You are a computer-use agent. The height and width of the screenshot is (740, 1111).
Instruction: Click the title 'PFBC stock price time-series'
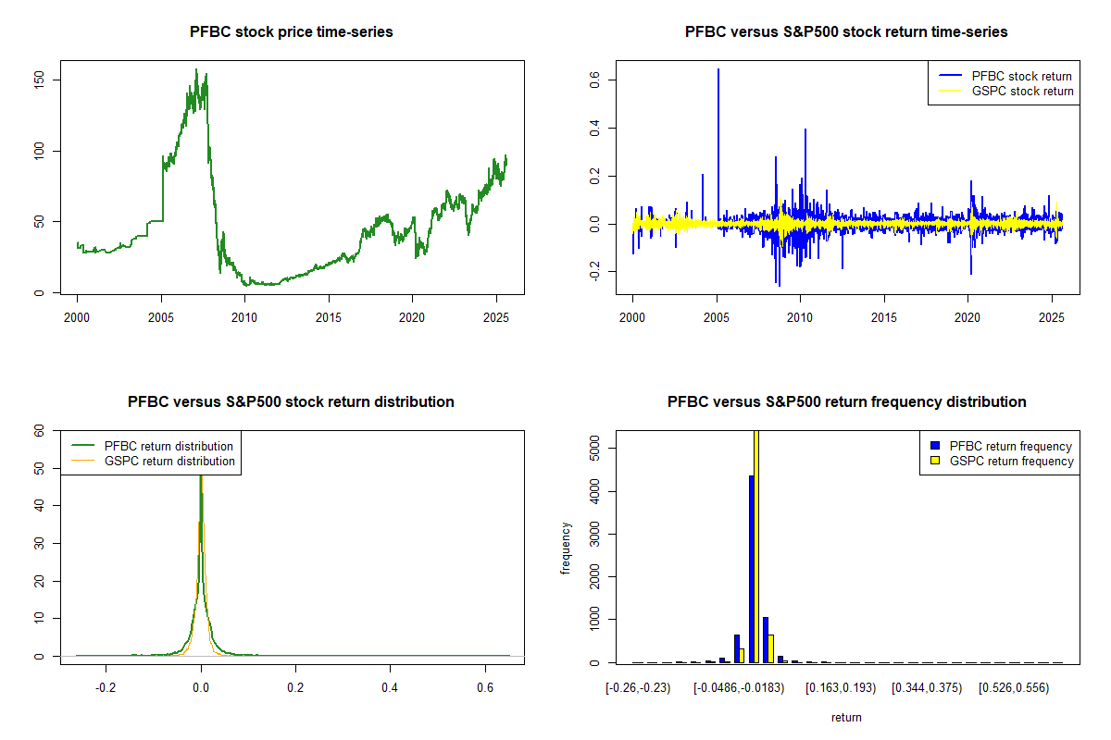point(291,32)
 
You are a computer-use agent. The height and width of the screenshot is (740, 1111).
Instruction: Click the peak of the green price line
point(196,69)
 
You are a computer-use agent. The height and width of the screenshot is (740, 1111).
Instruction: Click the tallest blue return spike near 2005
point(718,70)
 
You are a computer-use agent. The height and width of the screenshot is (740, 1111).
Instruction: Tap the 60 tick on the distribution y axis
point(40,430)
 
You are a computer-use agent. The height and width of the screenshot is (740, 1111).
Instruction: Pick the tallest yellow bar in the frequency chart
point(756,546)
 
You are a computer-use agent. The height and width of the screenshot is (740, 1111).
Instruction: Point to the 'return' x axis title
point(846,717)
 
